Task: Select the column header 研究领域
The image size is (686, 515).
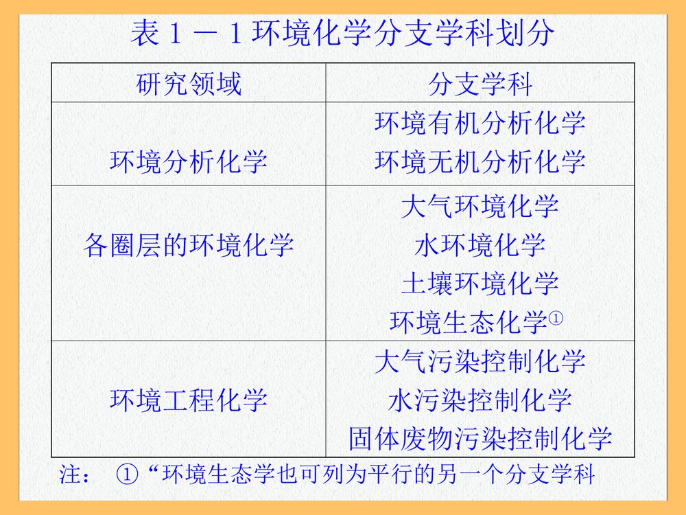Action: point(189,85)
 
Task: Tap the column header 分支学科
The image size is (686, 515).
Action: point(480,85)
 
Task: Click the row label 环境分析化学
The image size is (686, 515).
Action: point(189,162)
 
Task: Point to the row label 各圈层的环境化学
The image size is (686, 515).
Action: point(189,244)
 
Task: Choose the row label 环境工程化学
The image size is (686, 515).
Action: point(189,400)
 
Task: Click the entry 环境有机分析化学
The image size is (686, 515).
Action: point(480,124)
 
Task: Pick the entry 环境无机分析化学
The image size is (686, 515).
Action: point(480,162)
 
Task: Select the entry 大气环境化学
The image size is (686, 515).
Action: point(480,206)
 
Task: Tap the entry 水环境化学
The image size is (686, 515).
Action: point(480,244)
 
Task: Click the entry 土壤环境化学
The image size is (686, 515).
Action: point(480,283)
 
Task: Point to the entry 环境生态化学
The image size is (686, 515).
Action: point(469,322)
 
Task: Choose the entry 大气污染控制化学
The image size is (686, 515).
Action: point(480,361)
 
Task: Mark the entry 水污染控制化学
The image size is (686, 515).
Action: point(480,400)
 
